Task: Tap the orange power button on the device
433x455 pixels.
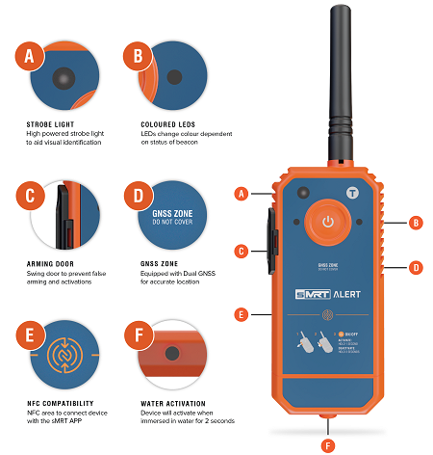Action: (x=328, y=222)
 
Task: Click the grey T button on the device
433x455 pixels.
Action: (x=353, y=193)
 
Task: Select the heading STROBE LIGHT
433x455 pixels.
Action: (x=51, y=123)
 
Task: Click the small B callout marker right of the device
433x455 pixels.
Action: (x=416, y=223)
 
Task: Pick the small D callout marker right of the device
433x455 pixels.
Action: (x=416, y=266)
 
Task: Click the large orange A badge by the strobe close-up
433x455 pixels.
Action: (x=31, y=56)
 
